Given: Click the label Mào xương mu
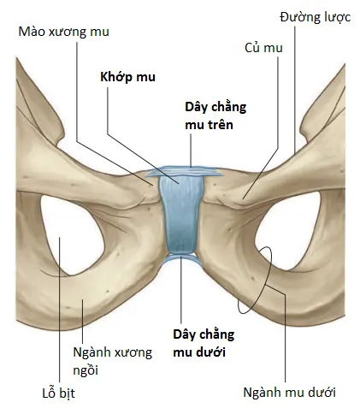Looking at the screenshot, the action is pos(64,32).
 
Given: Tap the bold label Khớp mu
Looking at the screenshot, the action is pos(127,77).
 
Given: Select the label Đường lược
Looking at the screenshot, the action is pos(315,18).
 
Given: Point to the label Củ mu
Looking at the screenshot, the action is pos(263,48).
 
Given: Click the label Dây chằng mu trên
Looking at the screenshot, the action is pos(215,116).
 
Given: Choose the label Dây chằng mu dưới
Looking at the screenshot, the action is pos(204,343).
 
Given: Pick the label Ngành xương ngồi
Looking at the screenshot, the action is pos(113,362).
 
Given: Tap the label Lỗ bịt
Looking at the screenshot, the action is pos(59,393).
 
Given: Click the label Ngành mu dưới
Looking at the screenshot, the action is pos(289,393).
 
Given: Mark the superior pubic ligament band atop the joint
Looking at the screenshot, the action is pos(184,171).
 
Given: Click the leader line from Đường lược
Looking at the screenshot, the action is pos(294,88).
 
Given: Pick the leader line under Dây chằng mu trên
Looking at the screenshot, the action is pos(191,150).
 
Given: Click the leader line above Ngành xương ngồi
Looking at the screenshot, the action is pos(82,322).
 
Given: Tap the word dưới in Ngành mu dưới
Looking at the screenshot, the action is pos(323,393).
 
